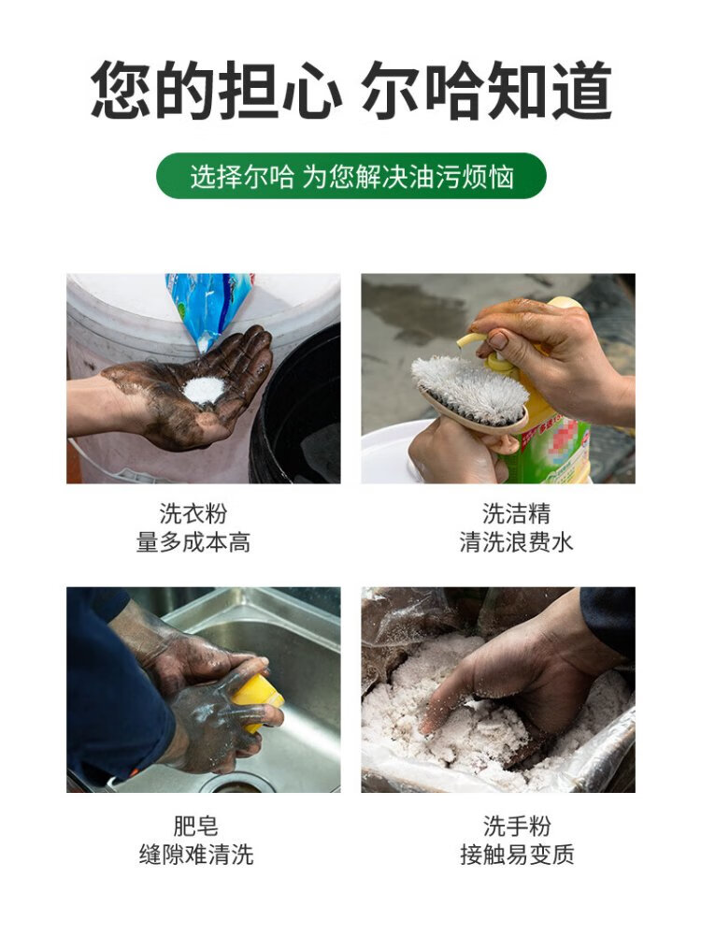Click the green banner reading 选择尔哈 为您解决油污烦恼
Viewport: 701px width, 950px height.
tap(351, 177)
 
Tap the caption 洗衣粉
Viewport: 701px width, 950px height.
tap(193, 513)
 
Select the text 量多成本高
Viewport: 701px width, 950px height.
tap(193, 542)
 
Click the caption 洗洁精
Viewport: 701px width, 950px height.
tap(516, 513)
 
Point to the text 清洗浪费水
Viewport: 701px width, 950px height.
tap(516, 542)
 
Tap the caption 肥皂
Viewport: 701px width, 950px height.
tap(195, 826)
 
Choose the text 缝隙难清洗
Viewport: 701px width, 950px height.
tap(195, 855)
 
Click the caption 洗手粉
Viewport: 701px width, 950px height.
tap(517, 826)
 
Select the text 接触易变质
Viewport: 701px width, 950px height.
tap(517, 855)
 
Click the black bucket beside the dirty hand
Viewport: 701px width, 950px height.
tap(297, 412)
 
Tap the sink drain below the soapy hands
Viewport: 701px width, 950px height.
tap(234, 785)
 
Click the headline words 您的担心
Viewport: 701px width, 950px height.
tap(216, 91)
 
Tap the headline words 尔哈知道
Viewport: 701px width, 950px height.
tap(488, 91)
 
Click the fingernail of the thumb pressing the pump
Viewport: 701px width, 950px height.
tap(497, 339)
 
